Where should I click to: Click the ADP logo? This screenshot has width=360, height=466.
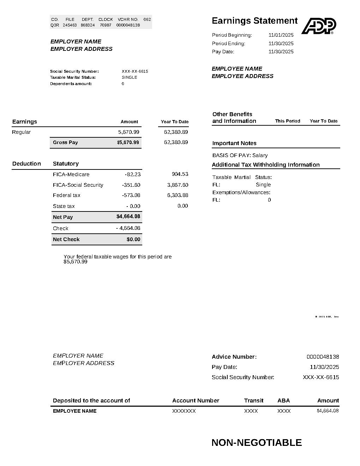pyautogui.click(x=318, y=26)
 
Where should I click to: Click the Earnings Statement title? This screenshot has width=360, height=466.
pyautogui.click(x=254, y=21)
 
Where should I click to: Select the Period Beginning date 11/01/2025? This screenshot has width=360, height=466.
pyautogui.click(x=281, y=35)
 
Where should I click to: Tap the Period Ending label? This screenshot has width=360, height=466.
pyautogui.click(x=228, y=43)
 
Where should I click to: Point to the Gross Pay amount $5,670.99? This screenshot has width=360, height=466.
pyautogui.click(x=128, y=143)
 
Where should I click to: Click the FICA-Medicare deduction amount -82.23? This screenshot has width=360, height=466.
pyautogui.click(x=133, y=174)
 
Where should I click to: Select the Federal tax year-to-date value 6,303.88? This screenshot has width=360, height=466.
pyautogui.click(x=178, y=195)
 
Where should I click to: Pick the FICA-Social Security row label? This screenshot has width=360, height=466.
pyautogui.click(x=78, y=185)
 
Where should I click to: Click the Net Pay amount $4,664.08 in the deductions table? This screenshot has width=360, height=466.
pyautogui.click(x=128, y=216)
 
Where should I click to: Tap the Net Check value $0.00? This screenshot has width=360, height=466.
pyautogui.click(x=133, y=239)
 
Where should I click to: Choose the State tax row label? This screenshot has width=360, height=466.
pyautogui.click(x=64, y=206)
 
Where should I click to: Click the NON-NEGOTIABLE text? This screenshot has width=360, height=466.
pyautogui.click(x=257, y=443)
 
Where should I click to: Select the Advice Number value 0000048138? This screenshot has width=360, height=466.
pyautogui.click(x=323, y=357)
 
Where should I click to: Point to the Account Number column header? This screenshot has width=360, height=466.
pyautogui.click(x=196, y=401)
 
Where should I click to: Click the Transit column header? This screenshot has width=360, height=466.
pyautogui.click(x=254, y=401)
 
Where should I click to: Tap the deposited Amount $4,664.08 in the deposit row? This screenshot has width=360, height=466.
pyautogui.click(x=328, y=411)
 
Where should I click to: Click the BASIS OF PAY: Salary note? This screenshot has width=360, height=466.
pyautogui.click(x=240, y=155)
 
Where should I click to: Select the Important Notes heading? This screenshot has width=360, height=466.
pyautogui.click(x=234, y=143)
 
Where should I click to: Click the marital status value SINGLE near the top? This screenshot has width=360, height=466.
pyautogui.click(x=130, y=77)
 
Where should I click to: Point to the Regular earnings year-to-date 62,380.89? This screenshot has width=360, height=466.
pyautogui.click(x=176, y=132)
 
